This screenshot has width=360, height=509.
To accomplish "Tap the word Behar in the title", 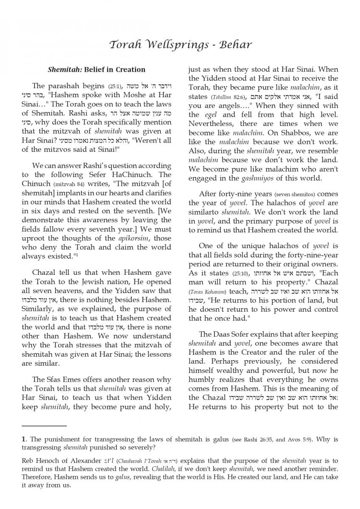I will click(236, 45).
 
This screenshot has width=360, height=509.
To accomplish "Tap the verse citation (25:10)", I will click(238, 274).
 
